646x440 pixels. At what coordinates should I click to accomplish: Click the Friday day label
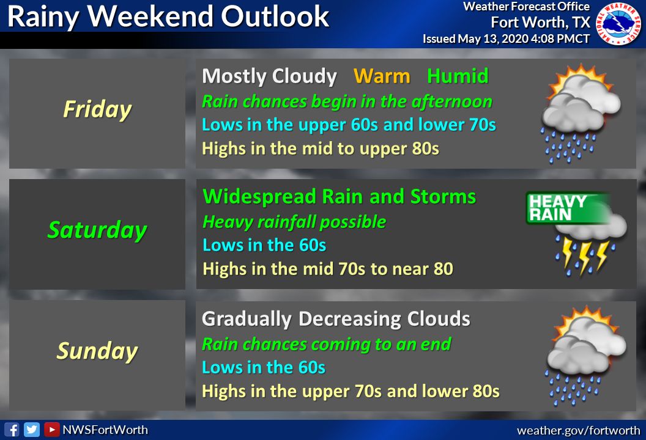point(98,109)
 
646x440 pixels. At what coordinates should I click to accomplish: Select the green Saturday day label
point(97,230)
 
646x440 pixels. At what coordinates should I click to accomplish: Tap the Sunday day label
point(97,351)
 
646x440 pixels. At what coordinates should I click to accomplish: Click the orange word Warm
point(382,76)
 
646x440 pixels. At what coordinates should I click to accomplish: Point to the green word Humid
point(458,76)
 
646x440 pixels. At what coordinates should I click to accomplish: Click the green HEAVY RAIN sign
point(567,208)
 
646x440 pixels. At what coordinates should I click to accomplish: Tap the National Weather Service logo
point(618,23)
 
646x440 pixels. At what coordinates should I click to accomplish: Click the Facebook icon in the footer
point(12,430)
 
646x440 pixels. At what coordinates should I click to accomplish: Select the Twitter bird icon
point(32,430)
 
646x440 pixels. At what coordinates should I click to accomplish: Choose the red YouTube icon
point(51,430)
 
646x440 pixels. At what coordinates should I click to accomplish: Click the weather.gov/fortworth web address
point(579,431)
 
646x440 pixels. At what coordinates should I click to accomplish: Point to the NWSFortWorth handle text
point(105,430)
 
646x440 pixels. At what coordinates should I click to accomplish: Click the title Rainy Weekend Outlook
point(168,17)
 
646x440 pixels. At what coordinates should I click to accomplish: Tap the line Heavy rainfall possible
point(294,222)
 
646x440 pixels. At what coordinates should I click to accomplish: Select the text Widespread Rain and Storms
point(339,196)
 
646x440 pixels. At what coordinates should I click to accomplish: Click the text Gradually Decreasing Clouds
point(336,318)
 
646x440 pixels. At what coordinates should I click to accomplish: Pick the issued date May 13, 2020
point(493,38)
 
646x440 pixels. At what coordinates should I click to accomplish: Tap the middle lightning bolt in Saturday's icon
point(584,258)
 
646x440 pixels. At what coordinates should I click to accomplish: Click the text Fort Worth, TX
point(540,22)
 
